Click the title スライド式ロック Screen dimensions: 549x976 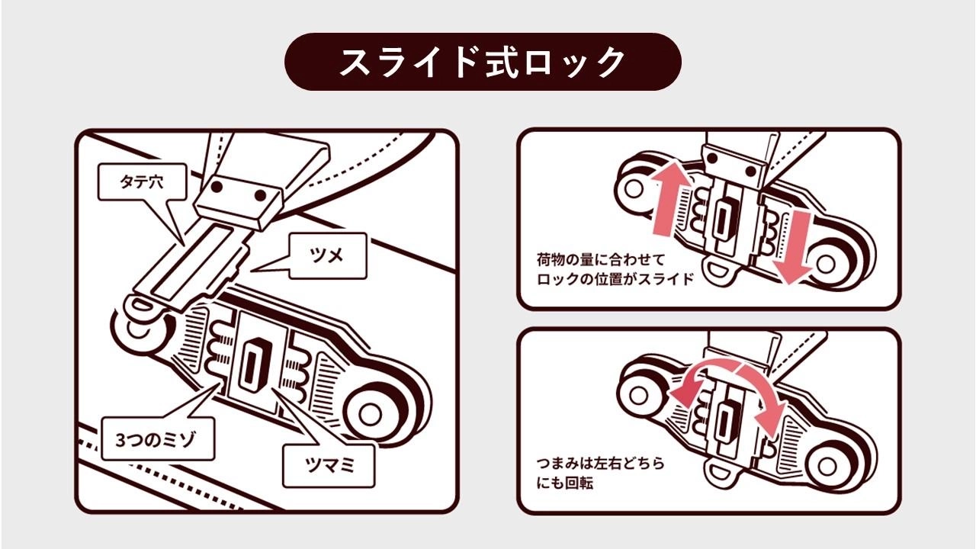pyautogui.click(x=482, y=62)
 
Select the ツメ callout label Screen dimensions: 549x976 pyautogui.click(x=327, y=256)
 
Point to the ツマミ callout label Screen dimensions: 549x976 pyautogui.click(x=328, y=464)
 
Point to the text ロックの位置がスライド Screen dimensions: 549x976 pyautogui.click(x=616, y=279)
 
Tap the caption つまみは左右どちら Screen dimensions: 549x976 pyautogui.click(x=600, y=463)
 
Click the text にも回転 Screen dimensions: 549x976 pyautogui.click(x=564, y=483)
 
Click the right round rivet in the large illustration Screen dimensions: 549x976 pyautogui.click(x=369, y=413)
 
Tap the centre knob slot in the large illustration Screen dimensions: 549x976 pyautogui.click(x=250, y=364)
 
